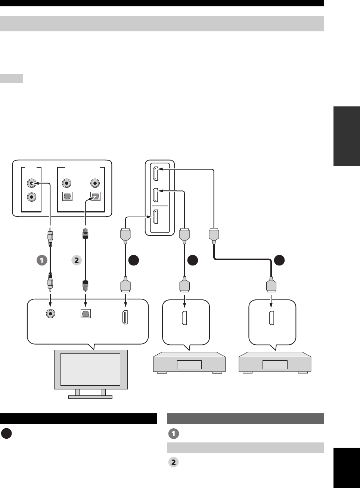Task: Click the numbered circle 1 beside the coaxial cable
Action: pyautogui.click(x=42, y=260)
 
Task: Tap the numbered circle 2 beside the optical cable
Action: pyautogui.click(x=77, y=260)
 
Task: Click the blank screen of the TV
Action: pyautogui.click(x=90, y=369)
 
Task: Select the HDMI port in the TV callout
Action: pyautogui.click(x=125, y=317)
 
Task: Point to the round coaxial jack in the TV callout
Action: pyautogui.click(x=50, y=314)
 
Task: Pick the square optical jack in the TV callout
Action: pyautogui.click(x=86, y=314)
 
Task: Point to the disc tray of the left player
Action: pyautogui.click(x=189, y=364)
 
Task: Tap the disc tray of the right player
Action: pyautogui.click(x=275, y=364)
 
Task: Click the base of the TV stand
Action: pyautogui.click(x=90, y=397)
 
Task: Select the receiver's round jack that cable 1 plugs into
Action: pyautogui.click(x=32, y=183)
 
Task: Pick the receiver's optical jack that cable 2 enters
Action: pyautogui.click(x=96, y=197)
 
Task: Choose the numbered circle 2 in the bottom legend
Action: pyautogui.click(x=173, y=462)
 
